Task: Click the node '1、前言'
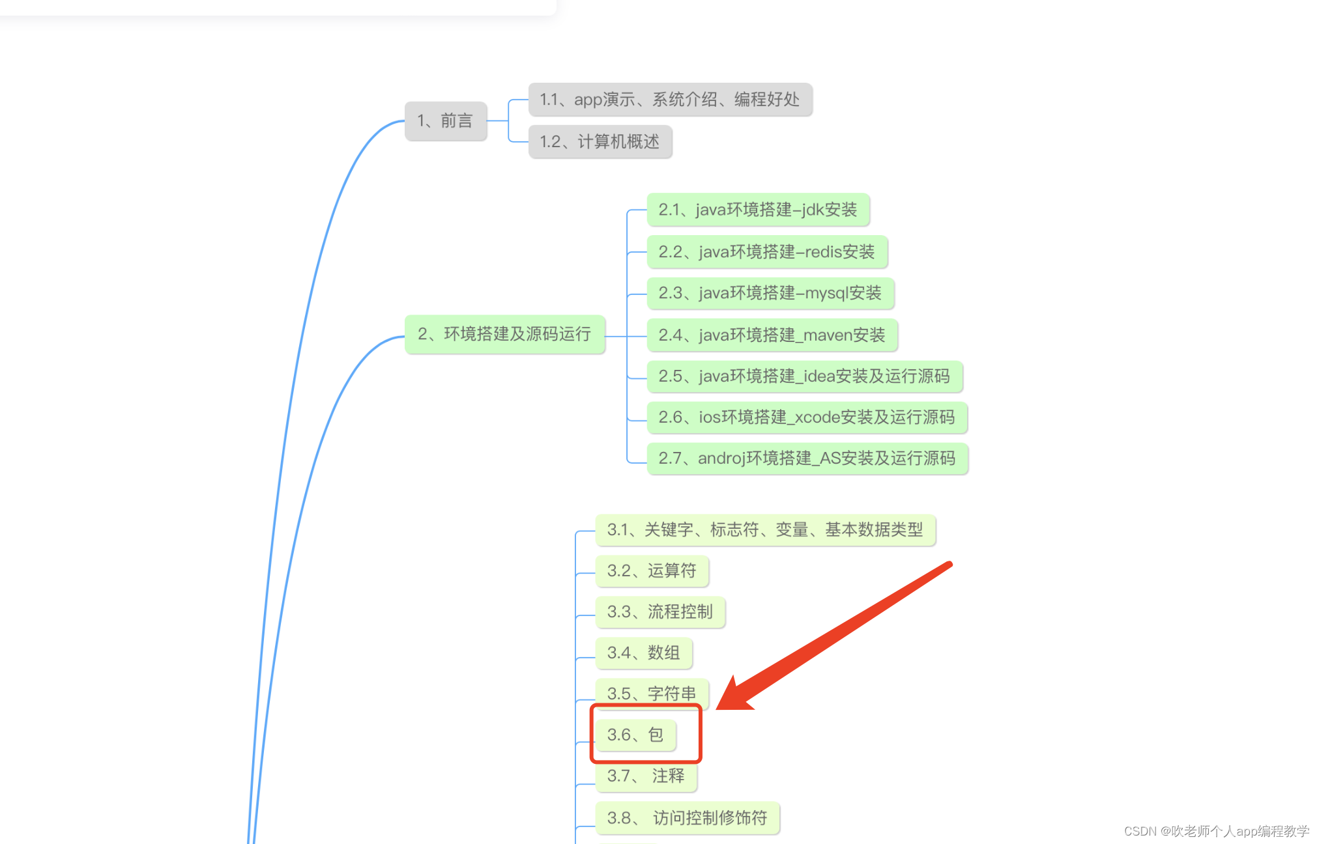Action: click(x=446, y=121)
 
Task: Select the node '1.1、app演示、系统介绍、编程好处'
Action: click(x=670, y=100)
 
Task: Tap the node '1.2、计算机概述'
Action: click(x=600, y=142)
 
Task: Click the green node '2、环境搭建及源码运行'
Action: click(x=504, y=335)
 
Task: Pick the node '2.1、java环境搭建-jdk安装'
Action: click(x=757, y=210)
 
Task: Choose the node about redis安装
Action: click(x=766, y=252)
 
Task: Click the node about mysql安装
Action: click(x=770, y=294)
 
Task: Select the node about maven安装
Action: click(x=772, y=335)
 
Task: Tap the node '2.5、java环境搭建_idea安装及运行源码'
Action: click(x=804, y=376)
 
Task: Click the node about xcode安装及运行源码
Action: click(x=806, y=417)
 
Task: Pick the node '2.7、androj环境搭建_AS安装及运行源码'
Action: click(x=807, y=458)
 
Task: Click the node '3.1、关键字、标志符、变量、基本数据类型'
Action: click(x=765, y=530)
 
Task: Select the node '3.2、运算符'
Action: click(x=652, y=571)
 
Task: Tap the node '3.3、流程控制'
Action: click(x=659, y=612)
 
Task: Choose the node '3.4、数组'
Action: click(x=643, y=653)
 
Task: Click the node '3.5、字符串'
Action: click(x=652, y=694)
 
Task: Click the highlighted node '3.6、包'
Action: click(x=635, y=735)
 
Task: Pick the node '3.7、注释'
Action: click(x=646, y=776)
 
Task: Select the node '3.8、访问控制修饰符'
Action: click(x=687, y=818)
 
